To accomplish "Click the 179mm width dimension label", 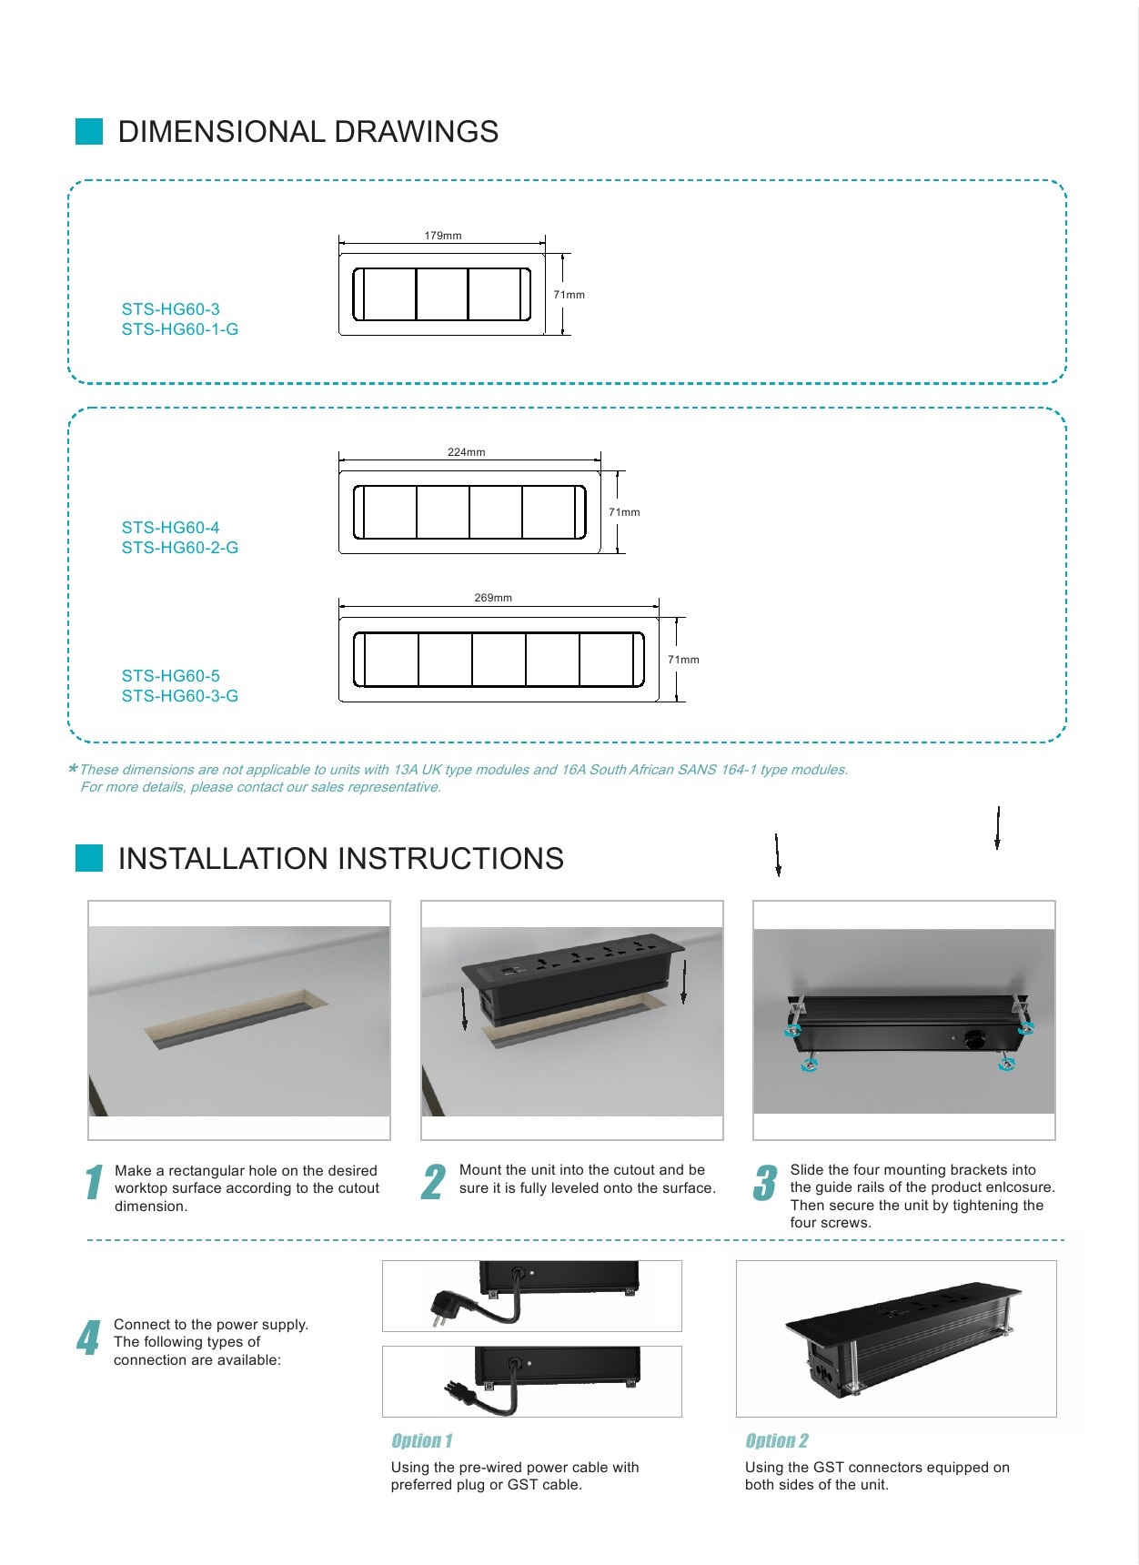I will [443, 236].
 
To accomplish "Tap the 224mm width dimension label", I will [466, 452].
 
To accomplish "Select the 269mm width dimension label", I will [493, 598].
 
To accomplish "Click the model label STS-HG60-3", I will [171, 309].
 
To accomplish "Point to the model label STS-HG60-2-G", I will [180, 548].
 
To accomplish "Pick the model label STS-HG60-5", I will [171, 676].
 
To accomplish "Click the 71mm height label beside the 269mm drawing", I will [683, 660].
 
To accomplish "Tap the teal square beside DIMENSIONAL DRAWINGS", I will [89, 131].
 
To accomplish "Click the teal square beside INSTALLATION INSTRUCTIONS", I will [89, 858].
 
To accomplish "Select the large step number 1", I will [94, 1182].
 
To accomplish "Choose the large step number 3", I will [765, 1182].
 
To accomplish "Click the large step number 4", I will [88, 1338].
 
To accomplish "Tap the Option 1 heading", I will [421, 1440].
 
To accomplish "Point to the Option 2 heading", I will [776, 1440].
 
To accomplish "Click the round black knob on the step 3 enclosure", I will [975, 1037].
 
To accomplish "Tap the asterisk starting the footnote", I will [73, 769].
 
